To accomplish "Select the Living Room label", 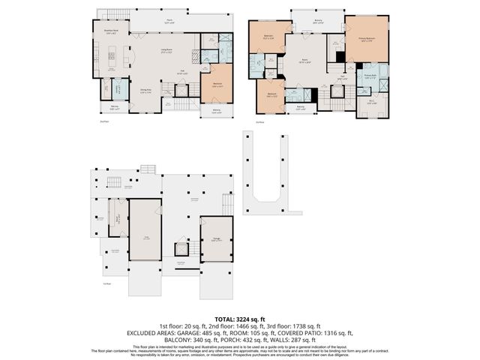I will (x=164, y=50).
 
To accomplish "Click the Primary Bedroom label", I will (x=367, y=40).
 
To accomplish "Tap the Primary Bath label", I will (x=370, y=75).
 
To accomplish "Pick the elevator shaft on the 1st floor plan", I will (x=181, y=247).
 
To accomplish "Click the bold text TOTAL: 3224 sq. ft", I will (x=240, y=319).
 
